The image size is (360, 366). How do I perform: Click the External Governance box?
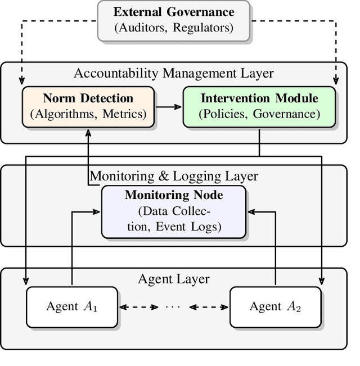coord(174,21)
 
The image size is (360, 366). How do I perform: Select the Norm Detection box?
coord(88,106)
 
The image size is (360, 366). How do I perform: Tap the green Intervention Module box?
coord(259,106)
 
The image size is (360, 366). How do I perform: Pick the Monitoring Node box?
coord(173,212)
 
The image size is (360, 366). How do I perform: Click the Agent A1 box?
coord(72,306)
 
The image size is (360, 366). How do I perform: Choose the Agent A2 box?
coord(276,306)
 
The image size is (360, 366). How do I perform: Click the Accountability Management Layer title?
coord(174,73)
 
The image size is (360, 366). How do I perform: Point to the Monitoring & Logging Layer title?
coord(174,176)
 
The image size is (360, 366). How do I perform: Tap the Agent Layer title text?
coord(174,279)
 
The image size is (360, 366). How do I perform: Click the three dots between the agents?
coord(174,307)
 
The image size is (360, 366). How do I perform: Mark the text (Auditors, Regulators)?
coord(174,28)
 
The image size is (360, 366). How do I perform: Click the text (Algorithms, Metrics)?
coord(88,114)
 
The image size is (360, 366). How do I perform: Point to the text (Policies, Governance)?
coord(259,114)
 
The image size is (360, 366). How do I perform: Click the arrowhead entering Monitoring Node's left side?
coord(97,212)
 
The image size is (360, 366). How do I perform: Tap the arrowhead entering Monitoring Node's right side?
coord(250,212)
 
